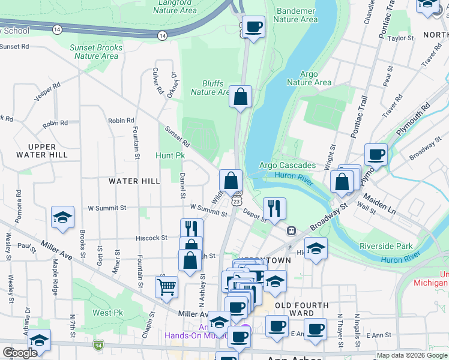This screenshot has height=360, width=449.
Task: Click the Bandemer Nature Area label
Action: coord(295,15)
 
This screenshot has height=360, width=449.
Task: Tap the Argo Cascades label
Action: coord(287,165)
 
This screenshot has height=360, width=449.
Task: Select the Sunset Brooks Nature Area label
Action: coord(96,52)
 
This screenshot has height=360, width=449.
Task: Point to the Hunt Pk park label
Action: coord(170,155)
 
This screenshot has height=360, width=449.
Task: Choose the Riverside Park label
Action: coord(386,246)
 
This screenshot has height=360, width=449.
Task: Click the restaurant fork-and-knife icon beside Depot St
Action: coord(274,209)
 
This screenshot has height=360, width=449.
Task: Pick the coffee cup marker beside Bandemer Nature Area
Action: coord(253,27)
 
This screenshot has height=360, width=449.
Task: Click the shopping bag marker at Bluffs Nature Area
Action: coord(240,97)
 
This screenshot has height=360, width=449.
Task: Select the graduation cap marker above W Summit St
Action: coord(62,218)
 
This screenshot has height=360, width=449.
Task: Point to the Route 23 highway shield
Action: coord(238,202)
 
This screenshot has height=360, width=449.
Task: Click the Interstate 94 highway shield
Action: coord(98,346)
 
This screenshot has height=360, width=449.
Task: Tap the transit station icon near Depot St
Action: coord(291,230)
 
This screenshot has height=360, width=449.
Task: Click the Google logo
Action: coord(20,353)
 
